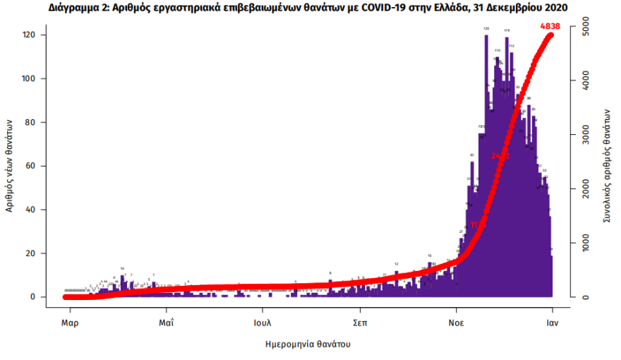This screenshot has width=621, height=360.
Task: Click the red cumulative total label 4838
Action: tap(550, 26)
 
